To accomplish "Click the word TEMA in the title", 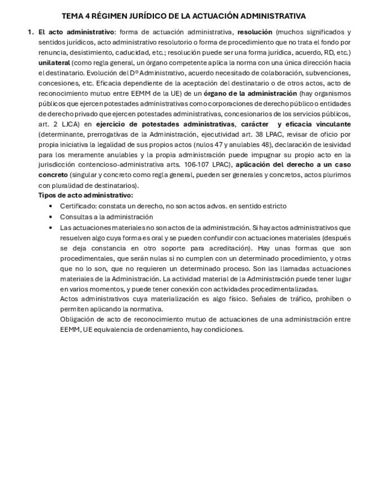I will coord(71,16).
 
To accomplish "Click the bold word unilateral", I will coord(54,62).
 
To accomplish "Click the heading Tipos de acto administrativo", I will coord(85,195).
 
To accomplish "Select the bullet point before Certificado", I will coord(51,206).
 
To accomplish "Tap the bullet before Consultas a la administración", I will coord(51,217).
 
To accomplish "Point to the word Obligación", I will coord(78,319).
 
